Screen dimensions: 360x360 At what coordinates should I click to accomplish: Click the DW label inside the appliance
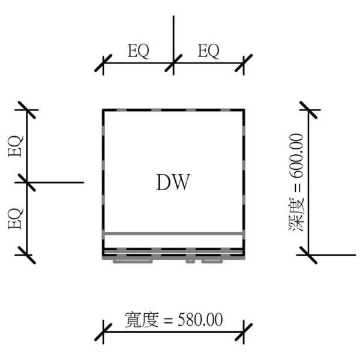(173, 182)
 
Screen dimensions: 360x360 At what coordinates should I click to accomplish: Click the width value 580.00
(200, 320)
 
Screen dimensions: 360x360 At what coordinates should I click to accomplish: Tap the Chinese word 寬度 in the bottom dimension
(141, 320)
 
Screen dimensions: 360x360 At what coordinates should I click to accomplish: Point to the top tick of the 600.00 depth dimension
(308, 110)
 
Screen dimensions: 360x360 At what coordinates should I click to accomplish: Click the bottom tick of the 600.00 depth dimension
(308, 255)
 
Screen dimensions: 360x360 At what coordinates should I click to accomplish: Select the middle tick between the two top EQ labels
(173, 62)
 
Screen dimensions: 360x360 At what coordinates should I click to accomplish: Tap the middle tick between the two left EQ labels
(27, 182)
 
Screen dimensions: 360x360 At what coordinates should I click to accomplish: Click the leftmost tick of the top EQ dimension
(103, 62)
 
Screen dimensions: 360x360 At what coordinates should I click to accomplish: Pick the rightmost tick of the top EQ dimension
(244, 62)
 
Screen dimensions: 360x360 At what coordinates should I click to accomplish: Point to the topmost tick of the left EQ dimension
(27, 110)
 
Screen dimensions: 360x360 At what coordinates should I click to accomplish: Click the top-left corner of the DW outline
(103, 110)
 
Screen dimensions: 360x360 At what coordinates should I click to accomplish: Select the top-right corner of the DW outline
(244, 110)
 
